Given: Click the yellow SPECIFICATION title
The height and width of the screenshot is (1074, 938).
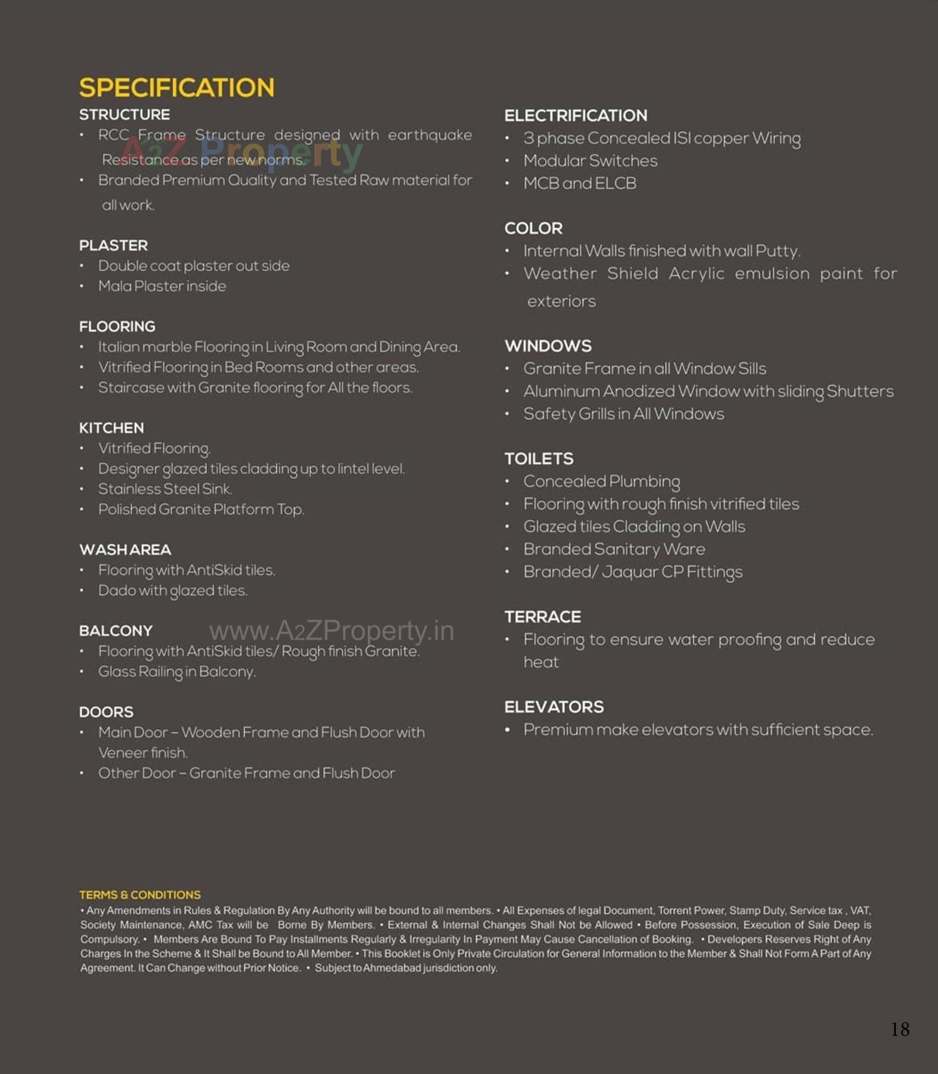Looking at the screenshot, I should click(x=176, y=87).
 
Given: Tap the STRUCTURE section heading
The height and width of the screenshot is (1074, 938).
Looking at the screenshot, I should click(x=125, y=115).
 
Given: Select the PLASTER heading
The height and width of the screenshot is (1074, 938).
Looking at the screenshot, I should click(x=113, y=245).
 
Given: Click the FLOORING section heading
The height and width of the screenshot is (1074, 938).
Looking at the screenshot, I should click(x=117, y=326).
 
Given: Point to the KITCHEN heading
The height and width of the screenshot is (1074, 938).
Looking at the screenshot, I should click(x=111, y=428).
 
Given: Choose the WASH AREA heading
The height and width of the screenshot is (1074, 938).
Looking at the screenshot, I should click(x=125, y=550).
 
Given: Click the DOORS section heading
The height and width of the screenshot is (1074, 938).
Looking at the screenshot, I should click(x=107, y=712).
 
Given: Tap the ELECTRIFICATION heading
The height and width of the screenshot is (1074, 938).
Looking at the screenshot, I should click(x=576, y=116).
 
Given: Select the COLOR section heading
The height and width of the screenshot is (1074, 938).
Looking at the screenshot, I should click(x=533, y=228).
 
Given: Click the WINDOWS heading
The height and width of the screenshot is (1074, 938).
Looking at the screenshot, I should click(x=548, y=346).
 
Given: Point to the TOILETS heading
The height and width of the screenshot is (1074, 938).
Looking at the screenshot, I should click(x=538, y=459).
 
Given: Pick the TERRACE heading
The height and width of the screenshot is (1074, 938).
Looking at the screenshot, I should click(x=543, y=617).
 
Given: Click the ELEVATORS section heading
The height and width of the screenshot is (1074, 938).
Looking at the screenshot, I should click(x=554, y=707).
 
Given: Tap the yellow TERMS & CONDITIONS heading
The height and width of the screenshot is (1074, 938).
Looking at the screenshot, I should click(x=140, y=895).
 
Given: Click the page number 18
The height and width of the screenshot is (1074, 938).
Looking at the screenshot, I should click(x=900, y=1030).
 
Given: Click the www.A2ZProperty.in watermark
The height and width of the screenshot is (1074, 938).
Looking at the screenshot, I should click(x=331, y=631).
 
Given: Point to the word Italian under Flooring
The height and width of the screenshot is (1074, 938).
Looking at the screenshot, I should click(x=118, y=347).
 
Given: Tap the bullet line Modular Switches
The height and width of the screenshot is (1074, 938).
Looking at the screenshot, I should click(x=591, y=161).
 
